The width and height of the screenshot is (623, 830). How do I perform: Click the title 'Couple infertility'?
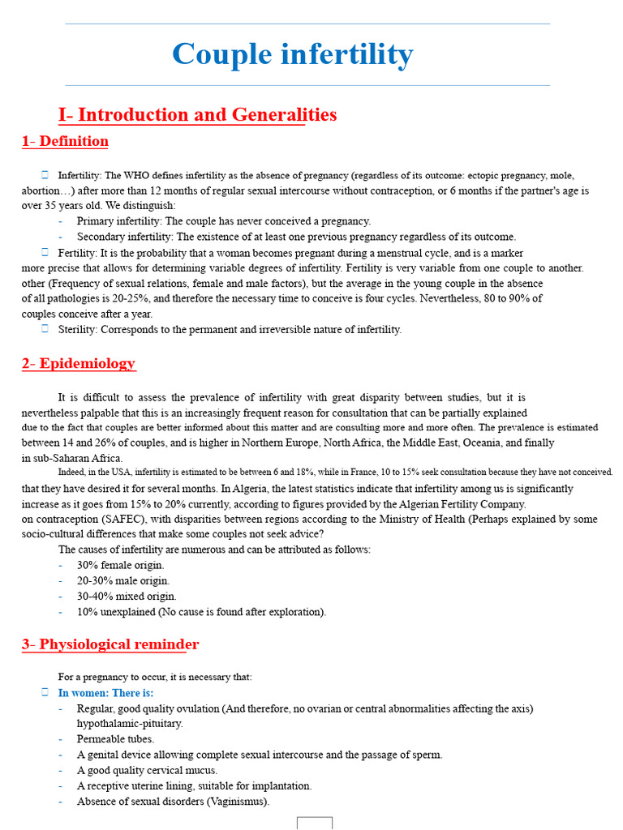click(x=292, y=55)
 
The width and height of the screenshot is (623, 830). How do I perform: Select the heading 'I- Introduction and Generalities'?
click(x=197, y=114)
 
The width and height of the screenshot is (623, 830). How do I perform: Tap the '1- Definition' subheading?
click(x=65, y=141)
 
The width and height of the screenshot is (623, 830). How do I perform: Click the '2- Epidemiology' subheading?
click(x=79, y=363)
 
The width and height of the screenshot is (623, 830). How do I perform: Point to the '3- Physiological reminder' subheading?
click(x=110, y=644)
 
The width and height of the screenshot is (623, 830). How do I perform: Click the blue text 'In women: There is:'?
click(x=105, y=693)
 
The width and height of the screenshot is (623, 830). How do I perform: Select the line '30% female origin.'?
click(x=120, y=565)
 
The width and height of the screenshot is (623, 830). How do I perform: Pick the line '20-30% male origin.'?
click(x=123, y=580)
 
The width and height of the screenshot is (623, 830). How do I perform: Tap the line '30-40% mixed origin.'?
click(x=127, y=596)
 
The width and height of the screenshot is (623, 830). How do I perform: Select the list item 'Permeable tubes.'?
click(x=115, y=739)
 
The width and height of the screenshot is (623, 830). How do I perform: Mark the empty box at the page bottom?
click(x=315, y=823)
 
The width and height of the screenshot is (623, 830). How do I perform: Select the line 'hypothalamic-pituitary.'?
click(x=130, y=723)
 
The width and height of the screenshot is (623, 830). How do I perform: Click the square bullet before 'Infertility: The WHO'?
click(x=45, y=175)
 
